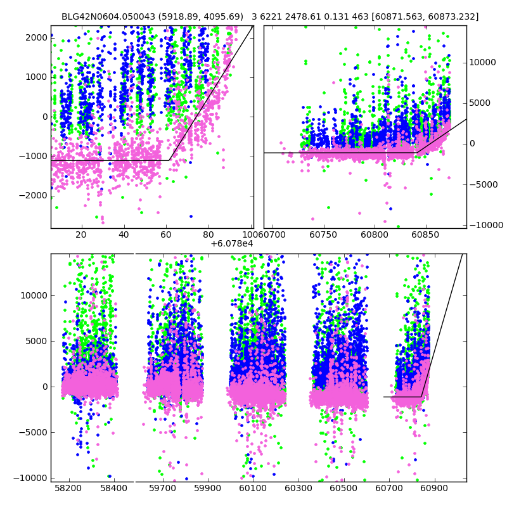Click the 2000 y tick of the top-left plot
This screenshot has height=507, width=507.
pos(36,37)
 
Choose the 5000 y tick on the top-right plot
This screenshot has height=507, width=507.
pos(480,103)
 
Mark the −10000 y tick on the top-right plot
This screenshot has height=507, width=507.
pos(482,225)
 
